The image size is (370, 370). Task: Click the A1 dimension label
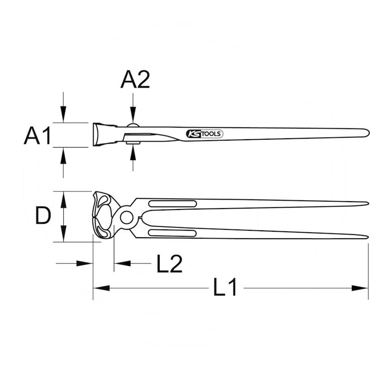(37, 136)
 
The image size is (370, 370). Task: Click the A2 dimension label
(135, 80)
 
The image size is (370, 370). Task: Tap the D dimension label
(43, 215)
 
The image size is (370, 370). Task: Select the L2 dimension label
(170, 264)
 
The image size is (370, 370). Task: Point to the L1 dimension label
(225, 287)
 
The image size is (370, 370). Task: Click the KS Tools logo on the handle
(204, 134)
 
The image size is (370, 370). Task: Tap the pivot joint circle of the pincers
(126, 217)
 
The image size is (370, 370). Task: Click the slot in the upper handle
(173, 203)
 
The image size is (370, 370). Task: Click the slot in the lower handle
(173, 233)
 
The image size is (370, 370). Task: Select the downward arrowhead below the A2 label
(133, 115)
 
